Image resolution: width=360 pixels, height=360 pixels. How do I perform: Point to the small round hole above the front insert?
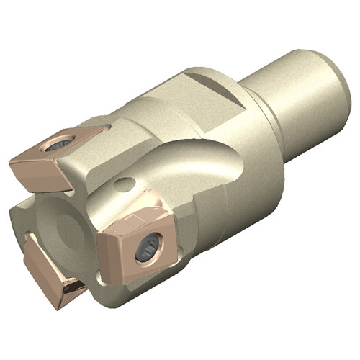coord(123,183)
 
